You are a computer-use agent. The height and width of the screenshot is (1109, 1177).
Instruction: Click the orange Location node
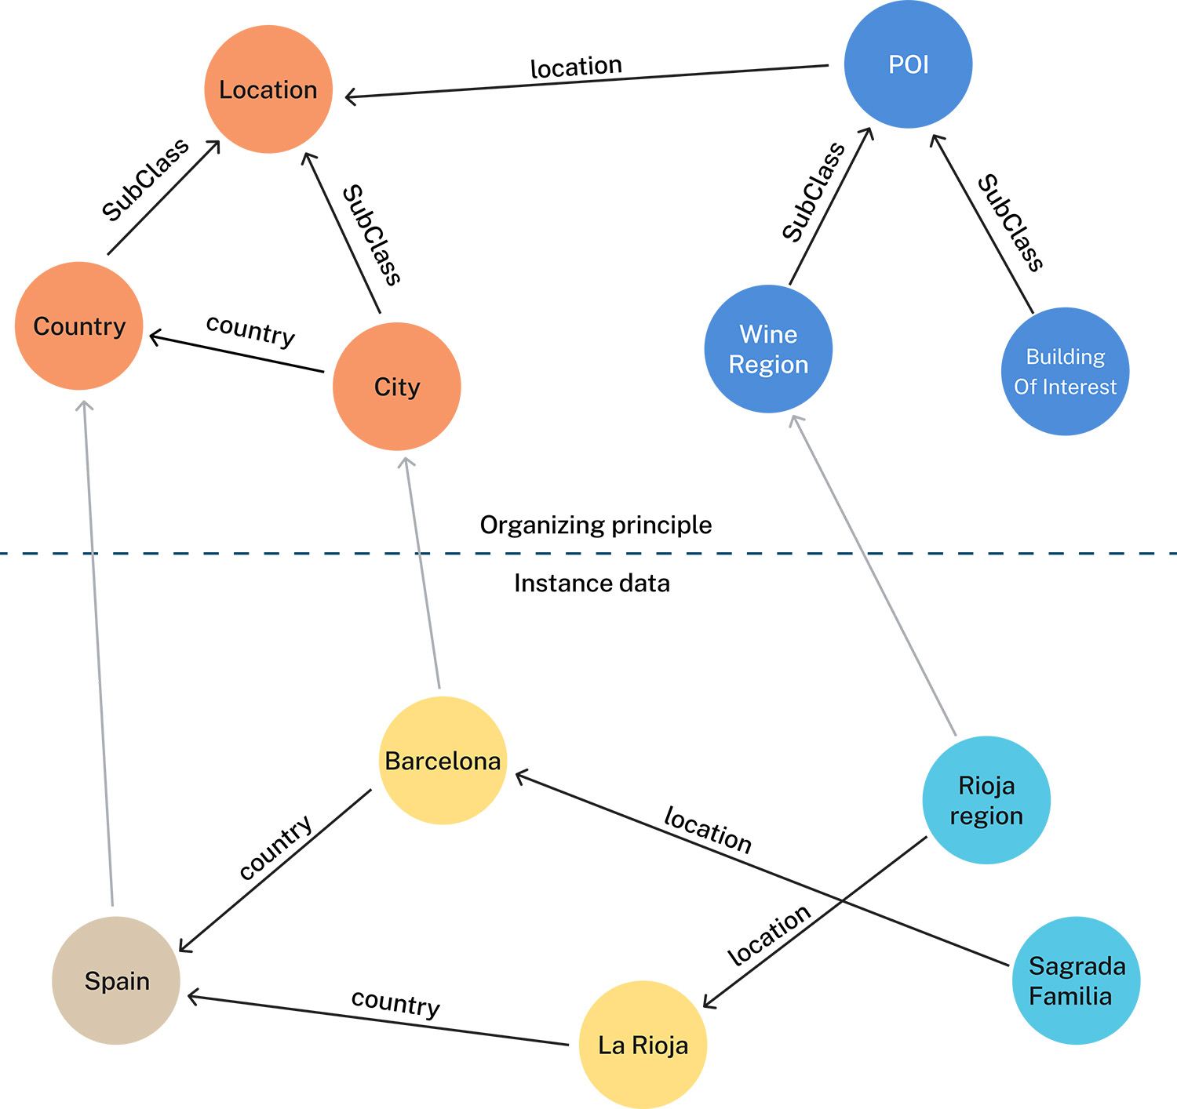pyautogui.click(x=268, y=89)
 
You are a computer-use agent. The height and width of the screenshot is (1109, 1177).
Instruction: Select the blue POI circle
pyautogui.click(x=908, y=64)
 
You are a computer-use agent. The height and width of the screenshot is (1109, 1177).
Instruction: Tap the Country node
pyautogui.click(x=79, y=326)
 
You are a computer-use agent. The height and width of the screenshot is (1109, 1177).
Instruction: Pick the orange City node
pyautogui.click(x=396, y=387)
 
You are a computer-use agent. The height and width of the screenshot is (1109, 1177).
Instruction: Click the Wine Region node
pyautogui.click(x=768, y=349)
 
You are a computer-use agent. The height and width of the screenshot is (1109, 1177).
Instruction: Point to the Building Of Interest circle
pyautogui.click(x=1065, y=372)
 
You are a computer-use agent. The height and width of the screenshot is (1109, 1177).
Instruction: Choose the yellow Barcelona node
pyautogui.click(x=443, y=761)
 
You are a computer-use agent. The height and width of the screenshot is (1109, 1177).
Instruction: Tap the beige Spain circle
pyautogui.click(x=116, y=980)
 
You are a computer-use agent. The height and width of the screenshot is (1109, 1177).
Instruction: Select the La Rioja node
pyautogui.click(x=643, y=1045)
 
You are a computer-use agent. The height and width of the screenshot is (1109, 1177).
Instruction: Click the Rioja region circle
pyautogui.click(x=986, y=800)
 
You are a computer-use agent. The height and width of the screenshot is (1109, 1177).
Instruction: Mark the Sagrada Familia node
pyautogui.click(x=1076, y=980)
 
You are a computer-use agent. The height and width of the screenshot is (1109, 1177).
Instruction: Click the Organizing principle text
pyautogui.click(x=596, y=525)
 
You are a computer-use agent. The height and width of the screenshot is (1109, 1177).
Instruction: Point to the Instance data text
pyautogui.click(x=592, y=584)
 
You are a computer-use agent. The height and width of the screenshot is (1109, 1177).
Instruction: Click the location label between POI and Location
pyautogui.click(x=576, y=67)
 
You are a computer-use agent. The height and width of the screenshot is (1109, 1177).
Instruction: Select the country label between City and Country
pyautogui.click(x=251, y=329)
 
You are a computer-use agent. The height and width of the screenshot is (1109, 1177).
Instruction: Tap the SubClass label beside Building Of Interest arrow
pyautogui.click(x=1010, y=223)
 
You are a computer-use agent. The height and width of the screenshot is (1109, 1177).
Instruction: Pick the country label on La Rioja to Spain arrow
pyautogui.click(x=395, y=1002)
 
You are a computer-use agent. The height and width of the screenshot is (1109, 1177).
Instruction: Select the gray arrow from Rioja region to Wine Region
pyautogui.click(x=875, y=576)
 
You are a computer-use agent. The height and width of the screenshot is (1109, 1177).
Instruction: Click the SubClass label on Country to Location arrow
pyautogui.click(x=146, y=180)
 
